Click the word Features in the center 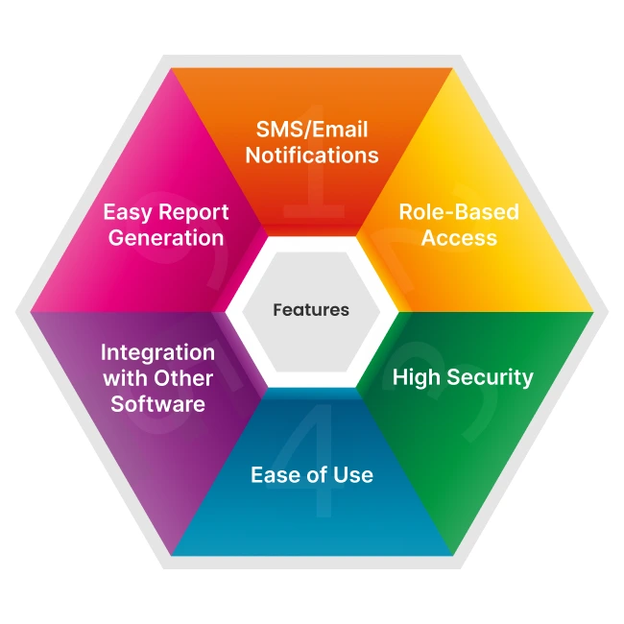(x=311, y=310)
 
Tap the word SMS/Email (x=312, y=130)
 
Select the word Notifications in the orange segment (x=312, y=155)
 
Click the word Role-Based (x=460, y=212)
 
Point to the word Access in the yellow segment (x=460, y=237)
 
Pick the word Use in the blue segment (x=353, y=475)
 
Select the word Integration (x=157, y=352)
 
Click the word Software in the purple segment (x=157, y=403)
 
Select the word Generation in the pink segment (x=165, y=237)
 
